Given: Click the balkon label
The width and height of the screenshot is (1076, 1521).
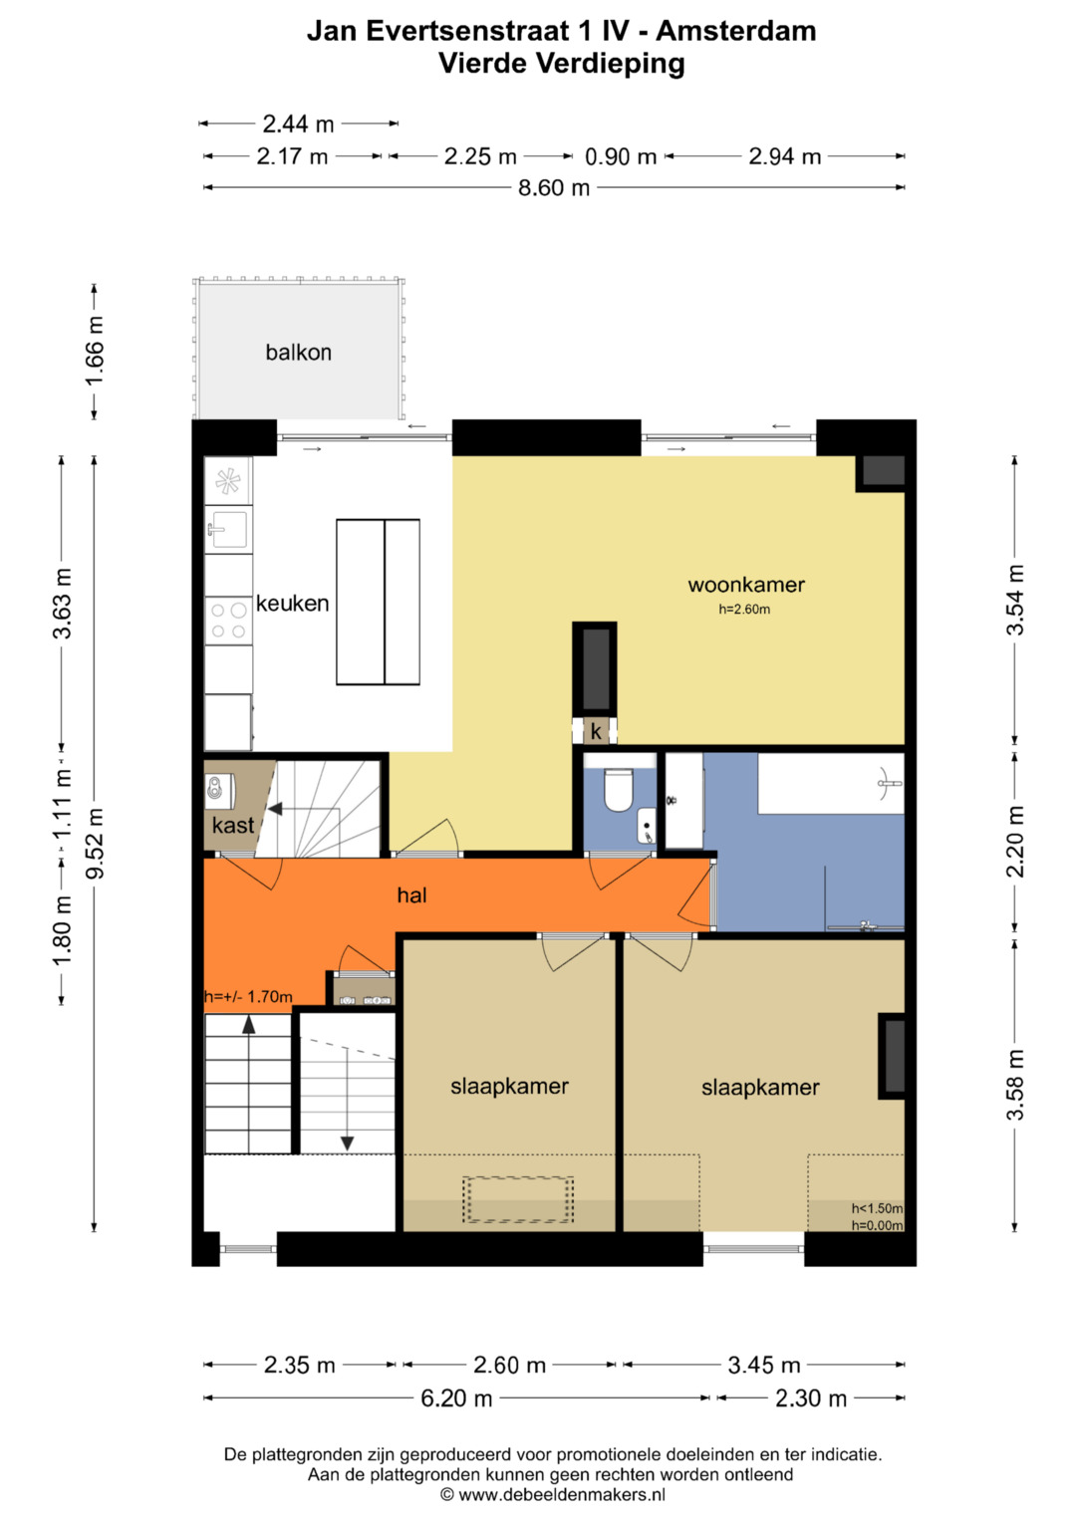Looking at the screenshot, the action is click(x=298, y=353).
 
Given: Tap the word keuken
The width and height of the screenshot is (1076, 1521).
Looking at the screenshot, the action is click(x=292, y=603).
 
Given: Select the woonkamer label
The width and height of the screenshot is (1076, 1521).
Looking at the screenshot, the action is click(x=746, y=585).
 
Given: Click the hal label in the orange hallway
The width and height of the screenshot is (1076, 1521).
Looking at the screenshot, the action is click(x=411, y=894).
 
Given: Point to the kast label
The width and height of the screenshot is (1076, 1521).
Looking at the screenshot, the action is click(x=233, y=825).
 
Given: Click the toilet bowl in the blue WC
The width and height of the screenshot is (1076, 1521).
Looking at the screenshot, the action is click(x=618, y=790).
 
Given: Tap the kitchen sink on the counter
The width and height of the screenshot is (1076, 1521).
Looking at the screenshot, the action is click(x=228, y=529).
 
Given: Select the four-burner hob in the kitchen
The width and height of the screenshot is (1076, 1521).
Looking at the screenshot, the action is click(x=228, y=621).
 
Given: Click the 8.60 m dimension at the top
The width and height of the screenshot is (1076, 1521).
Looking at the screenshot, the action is click(x=554, y=187).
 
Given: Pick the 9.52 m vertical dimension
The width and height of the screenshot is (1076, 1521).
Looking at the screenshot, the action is click(x=95, y=843).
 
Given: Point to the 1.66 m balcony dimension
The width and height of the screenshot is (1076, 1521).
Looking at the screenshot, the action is click(x=95, y=351).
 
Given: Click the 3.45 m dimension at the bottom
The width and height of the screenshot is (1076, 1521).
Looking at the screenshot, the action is click(x=764, y=1365).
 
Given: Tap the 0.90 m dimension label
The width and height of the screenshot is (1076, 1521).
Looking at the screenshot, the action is click(x=620, y=156).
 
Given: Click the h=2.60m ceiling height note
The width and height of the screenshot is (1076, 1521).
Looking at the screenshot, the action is click(x=744, y=609).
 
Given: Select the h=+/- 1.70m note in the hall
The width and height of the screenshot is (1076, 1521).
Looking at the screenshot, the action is click(x=249, y=997).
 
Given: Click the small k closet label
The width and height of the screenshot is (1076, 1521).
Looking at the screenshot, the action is click(x=596, y=731).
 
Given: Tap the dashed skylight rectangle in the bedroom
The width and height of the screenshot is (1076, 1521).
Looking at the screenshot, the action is click(x=518, y=1200).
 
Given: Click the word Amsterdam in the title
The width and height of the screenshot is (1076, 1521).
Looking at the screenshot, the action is click(x=735, y=31).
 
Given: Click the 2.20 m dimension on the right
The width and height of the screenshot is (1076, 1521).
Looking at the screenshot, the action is click(x=1015, y=841).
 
